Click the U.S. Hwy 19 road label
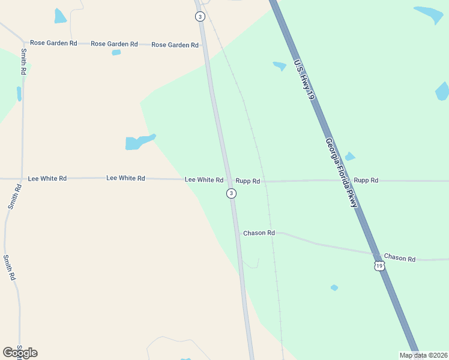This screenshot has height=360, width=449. (304, 79)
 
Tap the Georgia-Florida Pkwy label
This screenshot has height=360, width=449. (342, 173)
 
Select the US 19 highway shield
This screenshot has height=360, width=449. (379, 265)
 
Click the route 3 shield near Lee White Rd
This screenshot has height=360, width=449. (232, 193)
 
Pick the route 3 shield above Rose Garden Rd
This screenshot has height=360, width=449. (200, 16)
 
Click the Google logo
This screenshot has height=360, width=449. (20, 353)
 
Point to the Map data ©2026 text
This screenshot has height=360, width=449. (423, 355)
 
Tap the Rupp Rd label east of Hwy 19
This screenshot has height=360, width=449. (366, 180)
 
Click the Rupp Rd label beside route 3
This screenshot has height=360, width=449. (247, 181)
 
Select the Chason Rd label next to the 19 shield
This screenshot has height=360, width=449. (400, 258)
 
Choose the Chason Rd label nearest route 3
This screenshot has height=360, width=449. (259, 233)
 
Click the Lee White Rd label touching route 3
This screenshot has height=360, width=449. (204, 180)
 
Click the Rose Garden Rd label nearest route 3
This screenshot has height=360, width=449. (175, 45)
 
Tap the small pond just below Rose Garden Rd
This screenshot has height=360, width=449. (116, 52)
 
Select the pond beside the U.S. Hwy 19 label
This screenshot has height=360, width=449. (280, 65)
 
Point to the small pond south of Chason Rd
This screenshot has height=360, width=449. (334, 288)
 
